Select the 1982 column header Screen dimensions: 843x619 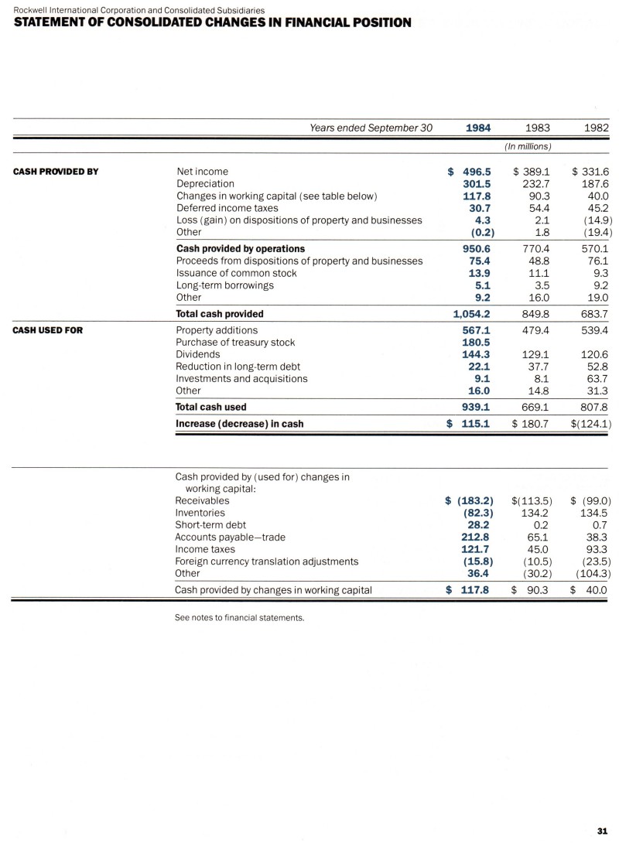(595, 128)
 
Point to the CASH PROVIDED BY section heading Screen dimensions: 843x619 (56, 172)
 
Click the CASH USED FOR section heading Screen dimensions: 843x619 (49, 330)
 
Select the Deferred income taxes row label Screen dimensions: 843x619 (227, 208)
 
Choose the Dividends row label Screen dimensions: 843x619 (198, 354)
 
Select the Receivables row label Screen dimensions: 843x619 (202, 500)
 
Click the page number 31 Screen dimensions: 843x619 (602, 831)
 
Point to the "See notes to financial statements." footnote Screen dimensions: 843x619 (241, 618)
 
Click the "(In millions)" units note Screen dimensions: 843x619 (528, 146)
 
